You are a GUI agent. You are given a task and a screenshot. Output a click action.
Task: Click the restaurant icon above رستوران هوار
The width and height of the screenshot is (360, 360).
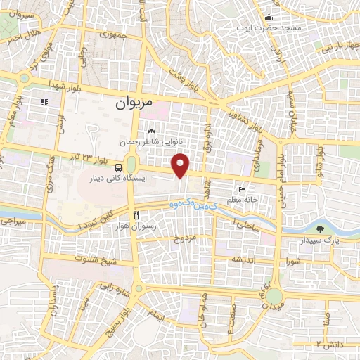tap(137, 214)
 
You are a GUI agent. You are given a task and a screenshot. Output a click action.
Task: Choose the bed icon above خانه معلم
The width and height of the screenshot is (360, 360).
tap(243, 189)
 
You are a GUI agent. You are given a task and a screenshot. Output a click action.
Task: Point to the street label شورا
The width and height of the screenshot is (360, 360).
tap(293, 262)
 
